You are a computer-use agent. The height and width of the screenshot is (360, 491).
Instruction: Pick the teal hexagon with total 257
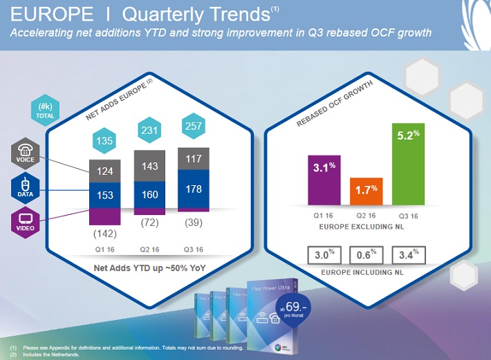click(x=194, y=126)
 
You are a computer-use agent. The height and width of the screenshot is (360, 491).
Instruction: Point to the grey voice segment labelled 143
click(x=149, y=167)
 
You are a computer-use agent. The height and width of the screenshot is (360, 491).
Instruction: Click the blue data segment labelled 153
click(x=104, y=196)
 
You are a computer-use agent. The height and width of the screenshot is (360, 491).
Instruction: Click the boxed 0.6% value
click(x=364, y=255)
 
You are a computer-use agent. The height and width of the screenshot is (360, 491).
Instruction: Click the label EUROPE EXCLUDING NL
click(x=364, y=226)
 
